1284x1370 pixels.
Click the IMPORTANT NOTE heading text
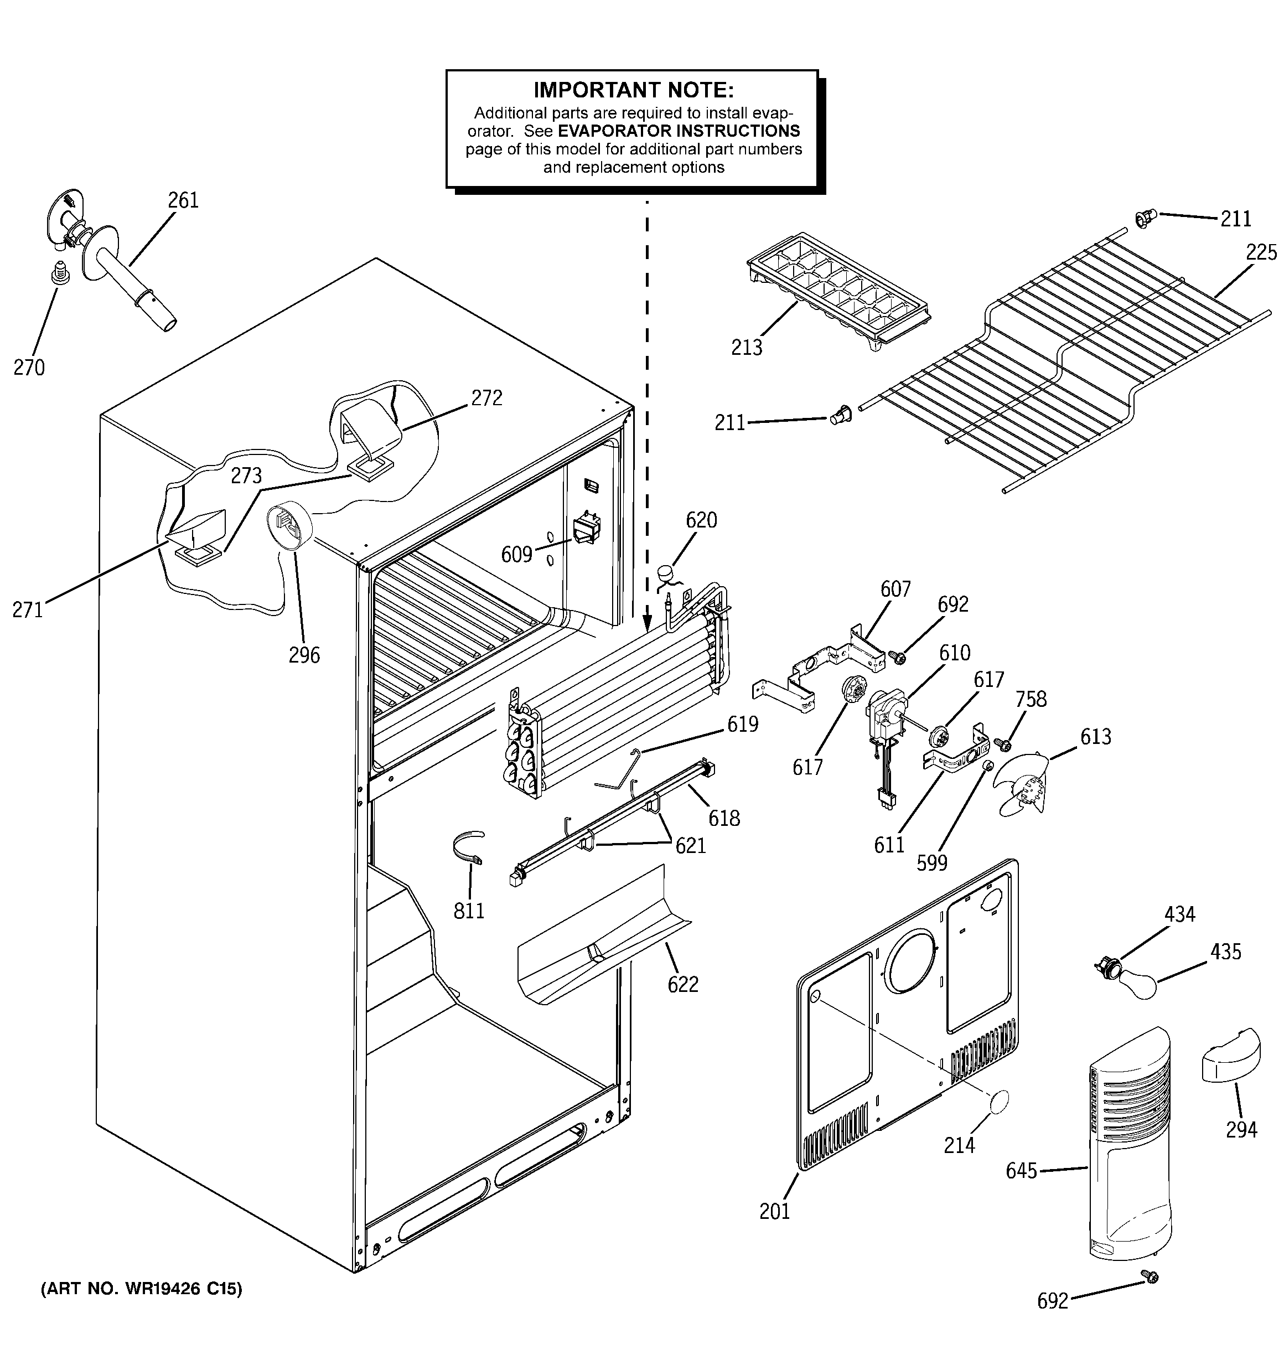click(633, 90)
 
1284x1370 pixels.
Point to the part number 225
click(1261, 252)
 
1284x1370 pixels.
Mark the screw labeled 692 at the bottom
click(1149, 1276)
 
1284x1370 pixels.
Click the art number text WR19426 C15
click(141, 1289)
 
